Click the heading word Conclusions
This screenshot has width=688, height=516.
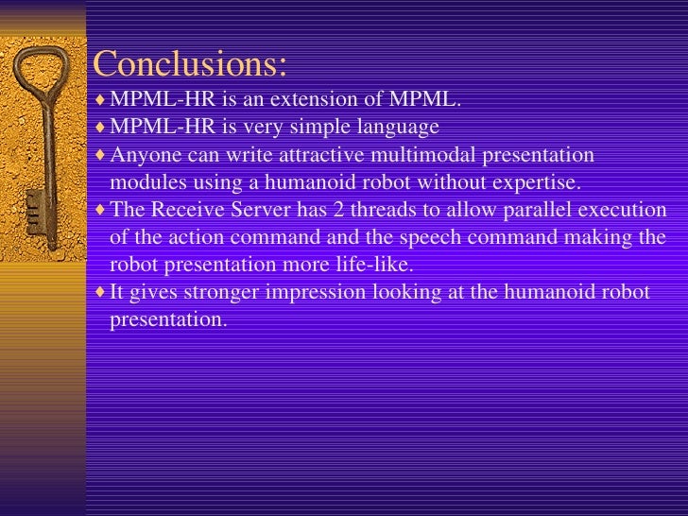[189, 64]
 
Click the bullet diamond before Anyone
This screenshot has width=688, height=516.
[101, 154]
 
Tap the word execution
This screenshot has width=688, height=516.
[628, 210]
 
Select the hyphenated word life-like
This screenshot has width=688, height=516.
[374, 265]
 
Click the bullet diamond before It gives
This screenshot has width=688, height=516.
[101, 292]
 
